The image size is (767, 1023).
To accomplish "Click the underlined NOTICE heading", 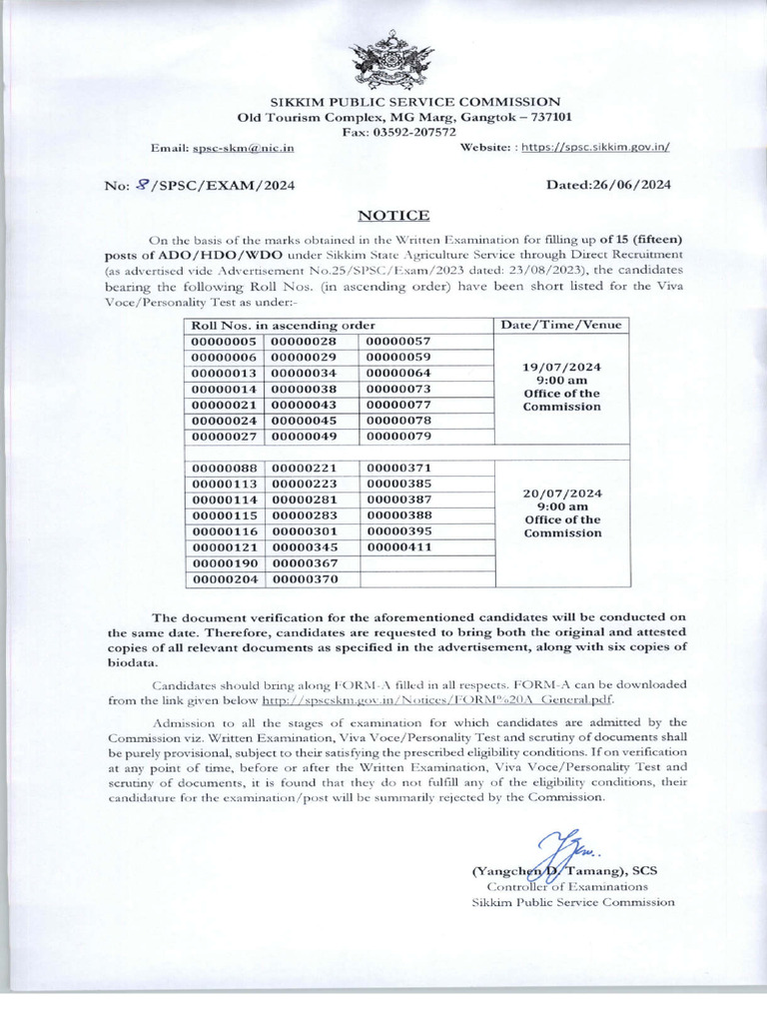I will pos(392,215).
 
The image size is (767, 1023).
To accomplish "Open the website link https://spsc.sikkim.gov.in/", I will pos(597,147).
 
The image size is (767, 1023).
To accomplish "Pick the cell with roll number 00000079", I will pos(398,436).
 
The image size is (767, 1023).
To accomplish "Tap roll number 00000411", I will pos(398,547).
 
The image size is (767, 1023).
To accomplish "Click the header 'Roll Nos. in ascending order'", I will pos(284,325).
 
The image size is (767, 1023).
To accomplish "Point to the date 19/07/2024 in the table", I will pos(561,367).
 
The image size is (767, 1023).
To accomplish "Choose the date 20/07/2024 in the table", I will pos(561,493).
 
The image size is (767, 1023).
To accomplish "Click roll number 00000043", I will pos(308,405).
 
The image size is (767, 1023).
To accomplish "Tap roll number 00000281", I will pos(308,500).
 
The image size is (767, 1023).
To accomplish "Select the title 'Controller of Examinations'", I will pos(566,886).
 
